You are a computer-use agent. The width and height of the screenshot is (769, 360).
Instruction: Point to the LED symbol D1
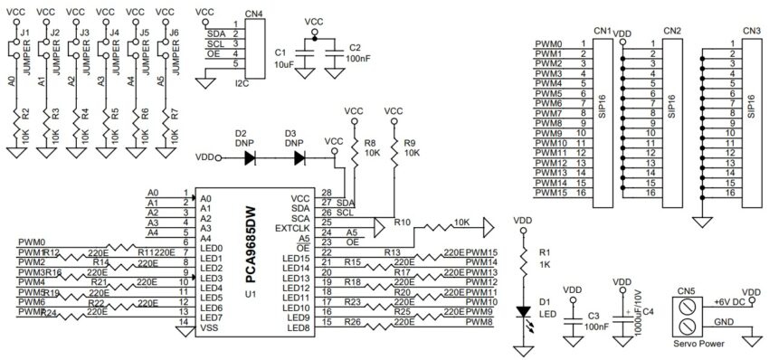pos(523,311)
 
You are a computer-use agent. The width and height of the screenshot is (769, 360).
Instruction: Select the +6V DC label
pos(729,300)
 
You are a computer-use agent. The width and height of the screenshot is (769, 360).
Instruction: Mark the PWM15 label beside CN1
pos(550,192)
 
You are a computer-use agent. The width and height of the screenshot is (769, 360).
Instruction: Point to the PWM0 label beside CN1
pos(548,43)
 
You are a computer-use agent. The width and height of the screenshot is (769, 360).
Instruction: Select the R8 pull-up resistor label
pos(370,143)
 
